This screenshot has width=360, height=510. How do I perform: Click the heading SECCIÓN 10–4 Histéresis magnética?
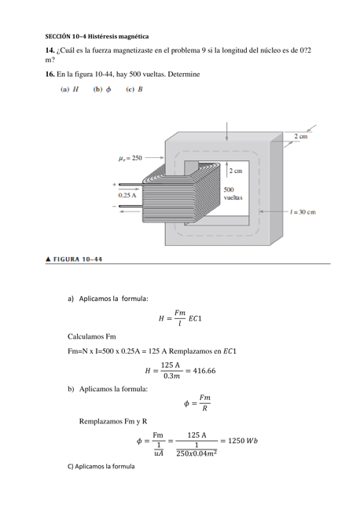(x=97, y=37)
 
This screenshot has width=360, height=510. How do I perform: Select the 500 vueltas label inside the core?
(x=233, y=193)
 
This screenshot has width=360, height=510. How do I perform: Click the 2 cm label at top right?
(x=300, y=137)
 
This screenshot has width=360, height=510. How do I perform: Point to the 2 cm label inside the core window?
(x=235, y=170)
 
